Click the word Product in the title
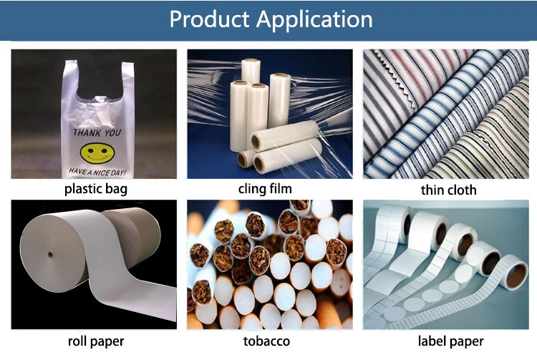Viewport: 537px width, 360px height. point(211,19)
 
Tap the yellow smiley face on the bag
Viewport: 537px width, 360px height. point(93,152)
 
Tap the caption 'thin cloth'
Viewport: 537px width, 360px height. point(449,190)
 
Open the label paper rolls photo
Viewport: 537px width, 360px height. point(449,265)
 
